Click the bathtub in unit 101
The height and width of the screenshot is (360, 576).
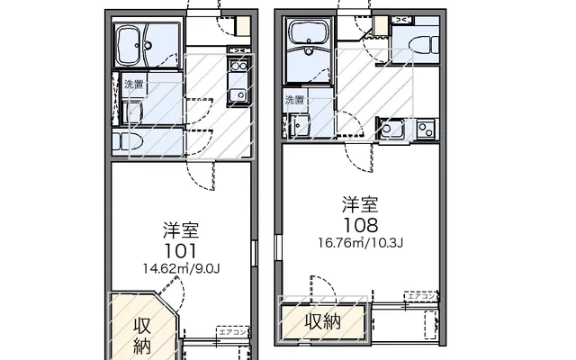click(x=137, y=43)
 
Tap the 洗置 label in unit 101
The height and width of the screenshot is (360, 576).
click(x=132, y=85)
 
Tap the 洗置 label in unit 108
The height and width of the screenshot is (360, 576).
click(x=293, y=99)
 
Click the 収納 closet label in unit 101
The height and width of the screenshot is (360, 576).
click(x=143, y=334)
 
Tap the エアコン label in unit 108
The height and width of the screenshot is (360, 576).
click(x=421, y=296)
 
